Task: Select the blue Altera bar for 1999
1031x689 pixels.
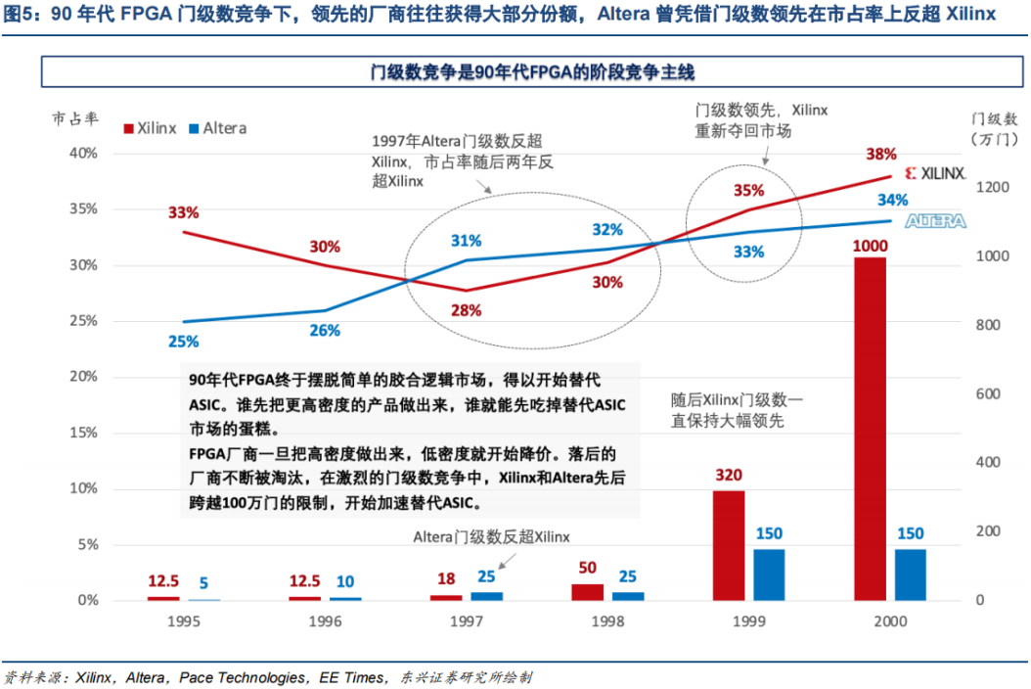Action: tap(769, 574)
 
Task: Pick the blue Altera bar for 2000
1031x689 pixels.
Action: tap(910, 574)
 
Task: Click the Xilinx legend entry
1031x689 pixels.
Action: tap(150, 128)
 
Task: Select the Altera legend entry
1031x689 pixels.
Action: tap(217, 128)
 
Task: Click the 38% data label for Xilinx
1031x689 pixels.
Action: tap(880, 154)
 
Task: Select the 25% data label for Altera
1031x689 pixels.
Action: tap(183, 342)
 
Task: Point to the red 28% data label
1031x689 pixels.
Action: tap(467, 311)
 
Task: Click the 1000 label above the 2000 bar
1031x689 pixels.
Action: tap(870, 246)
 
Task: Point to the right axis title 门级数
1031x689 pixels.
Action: tap(996, 118)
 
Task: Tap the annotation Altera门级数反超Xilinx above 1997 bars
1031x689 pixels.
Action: tap(491, 536)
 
